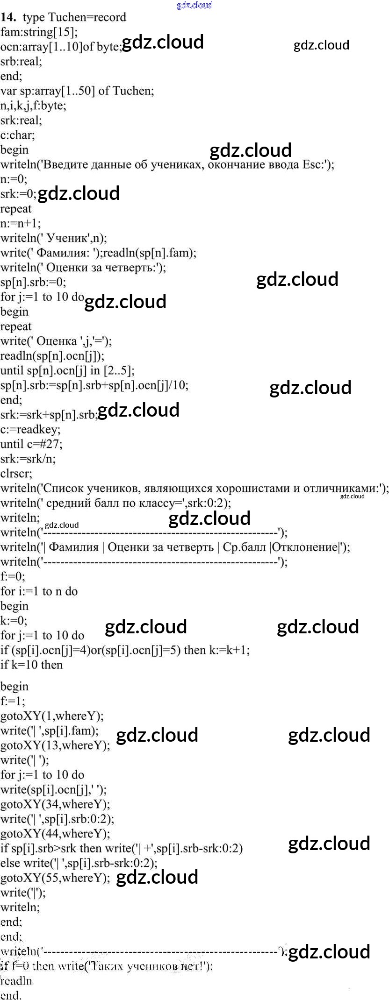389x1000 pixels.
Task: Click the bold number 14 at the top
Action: tap(9, 17)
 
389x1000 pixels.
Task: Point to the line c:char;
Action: tap(18, 135)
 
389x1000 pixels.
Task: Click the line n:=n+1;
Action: tap(21, 223)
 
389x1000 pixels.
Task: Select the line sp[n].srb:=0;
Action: tap(33, 282)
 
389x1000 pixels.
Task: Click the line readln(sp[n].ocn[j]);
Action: tap(52, 355)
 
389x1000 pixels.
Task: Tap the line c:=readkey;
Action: tap(30, 429)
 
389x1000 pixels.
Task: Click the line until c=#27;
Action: tap(31, 444)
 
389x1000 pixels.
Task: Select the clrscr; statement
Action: tap(16, 473)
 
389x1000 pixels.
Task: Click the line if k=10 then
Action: tap(31, 665)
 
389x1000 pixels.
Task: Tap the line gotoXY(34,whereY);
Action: tap(55, 804)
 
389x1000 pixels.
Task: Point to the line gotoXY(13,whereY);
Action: tap(55, 745)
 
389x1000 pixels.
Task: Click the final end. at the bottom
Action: tap(11, 995)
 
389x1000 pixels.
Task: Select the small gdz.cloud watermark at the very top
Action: tap(194, 5)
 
